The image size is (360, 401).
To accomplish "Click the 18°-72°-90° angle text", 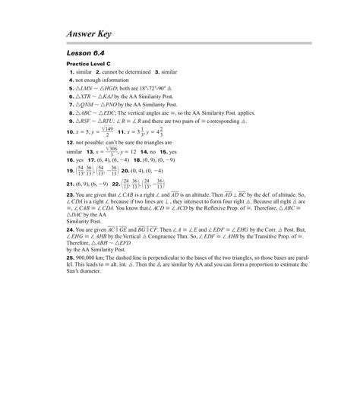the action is click(x=159, y=87).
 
